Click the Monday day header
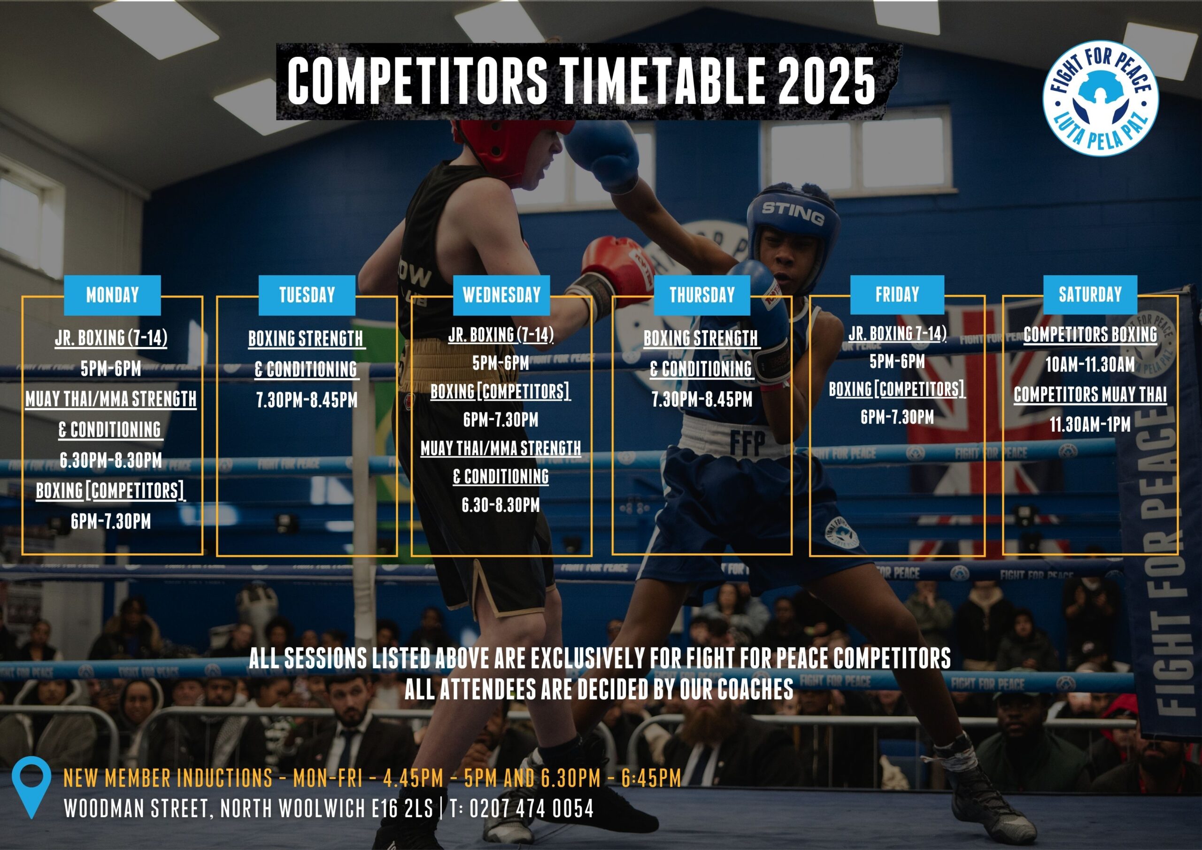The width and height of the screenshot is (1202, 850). [x=112, y=295]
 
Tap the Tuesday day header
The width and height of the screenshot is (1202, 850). [x=307, y=295]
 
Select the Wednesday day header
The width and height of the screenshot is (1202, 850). [x=501, y=295]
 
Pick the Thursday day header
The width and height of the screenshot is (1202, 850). [x=702, y=295]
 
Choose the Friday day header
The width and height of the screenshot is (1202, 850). [x=897, y=294]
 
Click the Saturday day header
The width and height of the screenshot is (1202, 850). [x=1091, y=294]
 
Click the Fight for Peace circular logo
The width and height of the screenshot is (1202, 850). [x=1101, y=98]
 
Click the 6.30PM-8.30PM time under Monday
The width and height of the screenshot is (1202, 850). [x=111, y=460]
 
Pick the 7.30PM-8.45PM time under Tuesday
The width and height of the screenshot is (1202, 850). [x=307, y=400]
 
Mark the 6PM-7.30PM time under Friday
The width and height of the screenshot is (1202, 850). [x=897, y=417]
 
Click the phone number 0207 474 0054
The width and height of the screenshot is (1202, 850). [x=532, y=809]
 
